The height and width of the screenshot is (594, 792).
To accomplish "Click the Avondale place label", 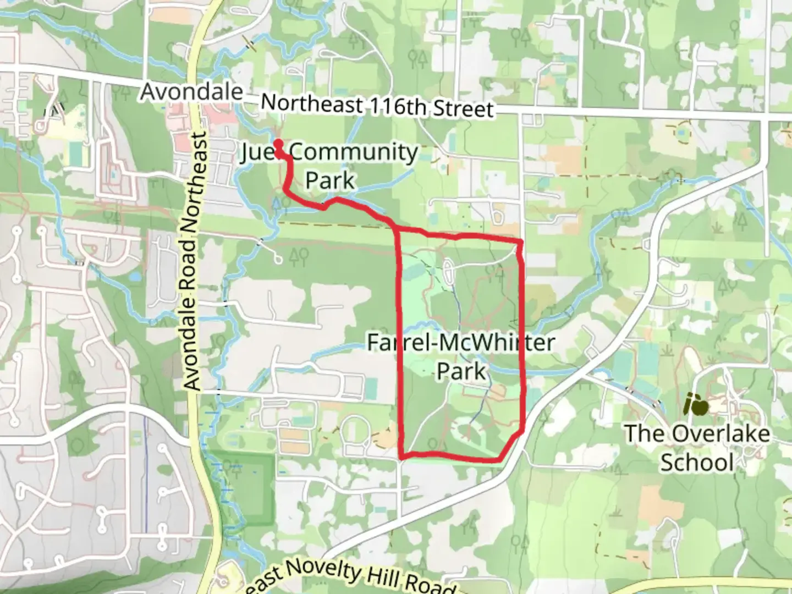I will (x=191, y=91).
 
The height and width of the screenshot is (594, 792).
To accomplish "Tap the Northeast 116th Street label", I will (x=377, y=106).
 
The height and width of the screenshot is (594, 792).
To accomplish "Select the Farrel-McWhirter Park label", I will (x=461, y=357).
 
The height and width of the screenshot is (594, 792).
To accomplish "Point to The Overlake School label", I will (x=697, y=447).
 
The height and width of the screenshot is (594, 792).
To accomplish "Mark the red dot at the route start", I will (x=278, y=144).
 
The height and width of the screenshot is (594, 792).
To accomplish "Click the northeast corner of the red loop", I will (x=520, y=241).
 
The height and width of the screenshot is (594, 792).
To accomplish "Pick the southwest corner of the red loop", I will (x=403, y=456).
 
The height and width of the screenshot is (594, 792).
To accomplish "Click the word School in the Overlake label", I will (x=697, y=462).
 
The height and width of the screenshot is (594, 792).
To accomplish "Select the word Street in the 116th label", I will (x=463, y=108).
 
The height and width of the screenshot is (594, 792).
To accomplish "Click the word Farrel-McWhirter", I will (x=461, y=343).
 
